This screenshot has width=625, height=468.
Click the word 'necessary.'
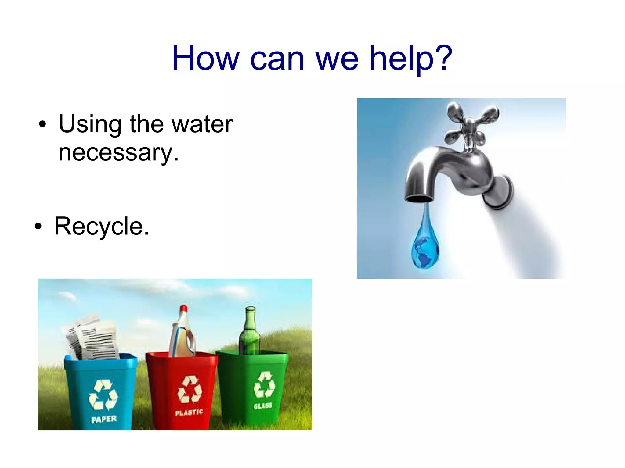[x=118, y=152]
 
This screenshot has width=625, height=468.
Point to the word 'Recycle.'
[x=102, y=227]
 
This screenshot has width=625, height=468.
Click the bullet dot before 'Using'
[x=43, y=124]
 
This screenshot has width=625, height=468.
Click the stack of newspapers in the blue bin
[x=93, y=338]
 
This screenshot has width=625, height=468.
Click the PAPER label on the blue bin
[x=104, y=420]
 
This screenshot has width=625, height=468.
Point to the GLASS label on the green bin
[x=263, y=406]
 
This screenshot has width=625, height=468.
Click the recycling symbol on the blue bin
[x=103, y=395]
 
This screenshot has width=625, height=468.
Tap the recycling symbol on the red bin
[x=190, y=389]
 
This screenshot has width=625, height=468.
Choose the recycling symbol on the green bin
[x=264, y=384]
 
